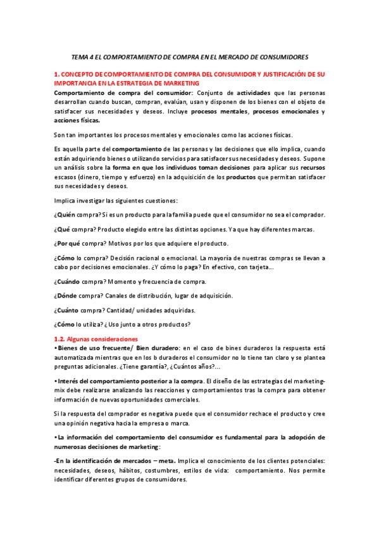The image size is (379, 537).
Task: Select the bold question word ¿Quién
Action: [65, 215]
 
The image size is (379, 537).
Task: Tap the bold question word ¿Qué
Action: [62, 230]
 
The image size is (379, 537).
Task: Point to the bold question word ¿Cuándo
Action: [68, 281]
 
